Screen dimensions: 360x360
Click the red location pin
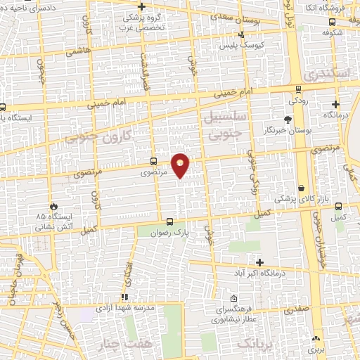(x=181, y=164)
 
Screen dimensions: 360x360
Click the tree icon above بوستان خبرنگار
(x=288, y=120)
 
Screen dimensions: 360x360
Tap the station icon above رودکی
(x=300, y=89)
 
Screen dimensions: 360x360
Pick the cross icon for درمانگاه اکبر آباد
(x=259, y=262)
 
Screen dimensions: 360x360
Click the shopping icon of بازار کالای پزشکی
(x=302, y=188)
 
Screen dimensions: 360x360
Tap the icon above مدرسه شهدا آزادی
(x=124, y=297)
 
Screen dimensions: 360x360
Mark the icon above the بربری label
(x=315, y=338)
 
